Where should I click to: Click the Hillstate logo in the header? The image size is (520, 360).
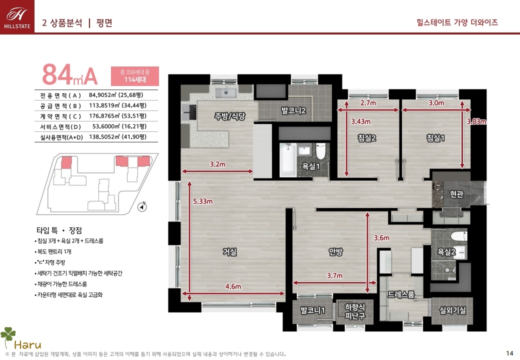point(17,17)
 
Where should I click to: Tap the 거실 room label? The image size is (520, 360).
point(230,252)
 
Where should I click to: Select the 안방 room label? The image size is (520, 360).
point(335,252)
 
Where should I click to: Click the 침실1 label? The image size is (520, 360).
point(435,138)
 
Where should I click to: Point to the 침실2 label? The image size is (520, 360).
point(367,138)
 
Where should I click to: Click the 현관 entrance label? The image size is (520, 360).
point(456,194)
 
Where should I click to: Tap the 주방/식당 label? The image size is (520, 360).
point(230,116)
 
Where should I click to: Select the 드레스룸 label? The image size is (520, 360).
point(401,294)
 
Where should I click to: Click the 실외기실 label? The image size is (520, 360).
point(452,310)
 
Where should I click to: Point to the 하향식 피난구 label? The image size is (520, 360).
point(355,311)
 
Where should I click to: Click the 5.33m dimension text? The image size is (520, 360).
point(203,201)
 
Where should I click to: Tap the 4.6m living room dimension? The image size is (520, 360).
point(233,286)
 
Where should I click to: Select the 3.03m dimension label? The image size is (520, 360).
point(476,121)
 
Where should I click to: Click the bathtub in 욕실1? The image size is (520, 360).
point(288,160)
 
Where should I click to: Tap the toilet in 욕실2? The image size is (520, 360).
point(459,236)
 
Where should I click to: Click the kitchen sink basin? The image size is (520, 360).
point(226,92)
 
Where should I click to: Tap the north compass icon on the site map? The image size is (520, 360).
point(142,206)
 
